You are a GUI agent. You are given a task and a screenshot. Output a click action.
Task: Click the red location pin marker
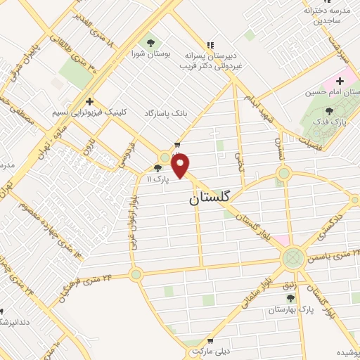pos(181,166)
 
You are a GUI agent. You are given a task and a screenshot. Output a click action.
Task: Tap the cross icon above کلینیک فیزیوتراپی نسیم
pos(89,101)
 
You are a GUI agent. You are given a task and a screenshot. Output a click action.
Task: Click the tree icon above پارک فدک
pos(330,111)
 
